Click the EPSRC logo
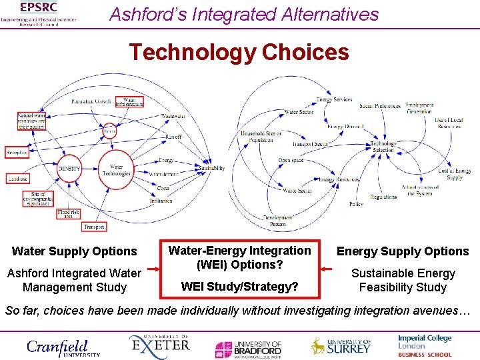(x=39, y=13)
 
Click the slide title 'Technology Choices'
(x=239, y=52)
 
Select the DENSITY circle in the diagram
(x=69, y=169)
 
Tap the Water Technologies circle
(x=117, y=169)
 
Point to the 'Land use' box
(x=18, y=179)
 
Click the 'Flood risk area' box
(x=69, y=215)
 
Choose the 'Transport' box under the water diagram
(x=94, y=227)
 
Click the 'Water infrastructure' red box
(x=129, y=103)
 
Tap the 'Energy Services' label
(x=334, y=100)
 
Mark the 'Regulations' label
(x=383, y=197)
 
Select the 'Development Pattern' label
(x=278, y=221)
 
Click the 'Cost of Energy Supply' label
(x=455, y=175)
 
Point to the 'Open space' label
(x=291, y=161)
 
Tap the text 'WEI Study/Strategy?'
(x=239, y=287)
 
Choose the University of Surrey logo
(x=341, y=346)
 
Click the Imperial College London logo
(x=425, y=342)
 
